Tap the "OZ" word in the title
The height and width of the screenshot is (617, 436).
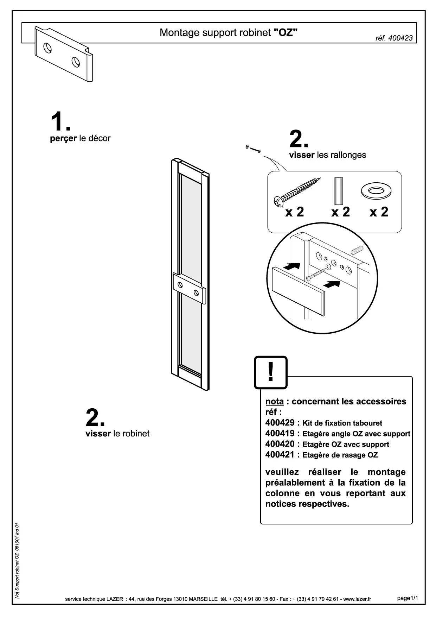(x=286, y=32)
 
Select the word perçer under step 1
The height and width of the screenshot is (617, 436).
(x=63, y=139)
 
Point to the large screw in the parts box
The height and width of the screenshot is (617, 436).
(x=297, y=191)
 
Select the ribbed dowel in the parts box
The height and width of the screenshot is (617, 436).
(x=339, y=191)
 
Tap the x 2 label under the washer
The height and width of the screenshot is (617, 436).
(x=379, y=212)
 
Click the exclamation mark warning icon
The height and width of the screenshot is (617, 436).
(x=271, y=372)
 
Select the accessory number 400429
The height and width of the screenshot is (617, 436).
(x=280, y=422)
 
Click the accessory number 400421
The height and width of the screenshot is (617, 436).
(x=280, y=454)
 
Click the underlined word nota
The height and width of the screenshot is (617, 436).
(x=275, y=402)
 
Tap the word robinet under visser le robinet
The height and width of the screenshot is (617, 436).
(x=136, y=434)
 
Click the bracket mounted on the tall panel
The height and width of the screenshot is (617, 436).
(x=189, y=288)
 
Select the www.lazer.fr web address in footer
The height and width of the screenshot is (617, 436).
(x=357, y=599)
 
